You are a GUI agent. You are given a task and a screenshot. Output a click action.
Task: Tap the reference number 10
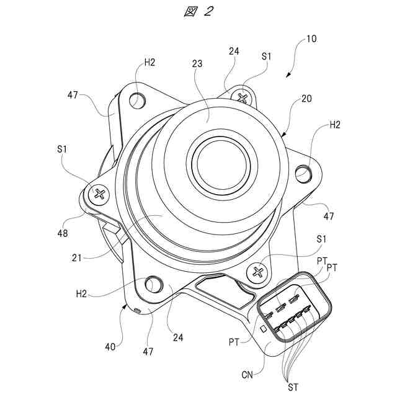[x=311, y=38]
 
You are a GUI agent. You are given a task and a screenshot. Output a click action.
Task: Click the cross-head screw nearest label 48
[x=100, y=194]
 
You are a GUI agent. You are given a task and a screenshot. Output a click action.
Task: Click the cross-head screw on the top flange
[x=243, y=97]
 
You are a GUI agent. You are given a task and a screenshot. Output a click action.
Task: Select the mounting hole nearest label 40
[x=151, y=285]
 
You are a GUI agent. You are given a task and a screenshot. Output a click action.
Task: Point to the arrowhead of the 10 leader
[x=287, y=76]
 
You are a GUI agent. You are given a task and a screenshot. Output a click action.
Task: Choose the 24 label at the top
[x=233, y=53]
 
